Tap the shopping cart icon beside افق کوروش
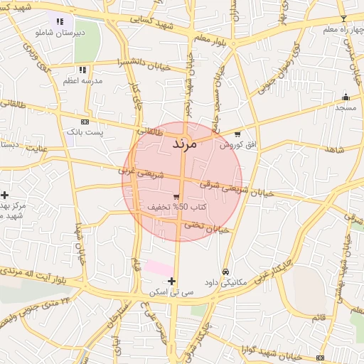click(x=237, y=134)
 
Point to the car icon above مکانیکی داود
click(x=225, y=272)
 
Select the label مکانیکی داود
click(x=225, y=282)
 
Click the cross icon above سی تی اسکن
click(x=171, y=282)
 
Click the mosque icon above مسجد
click(x=346, y=97)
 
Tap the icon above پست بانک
click(x=85, y=122)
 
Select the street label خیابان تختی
click(x=207, y=227)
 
